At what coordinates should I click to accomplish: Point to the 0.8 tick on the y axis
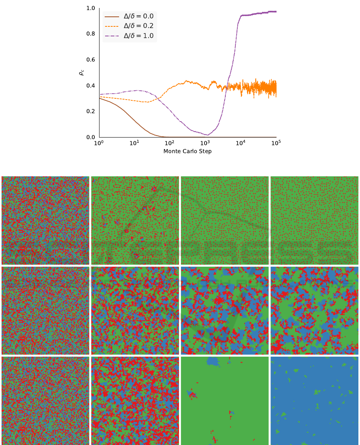[x=91, y=34]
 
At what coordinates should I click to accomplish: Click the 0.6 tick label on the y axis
[x=91, y=60]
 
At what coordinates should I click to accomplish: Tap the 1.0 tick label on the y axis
[x=91, y=8]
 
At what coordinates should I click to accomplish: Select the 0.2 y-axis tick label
[x=91, y=112]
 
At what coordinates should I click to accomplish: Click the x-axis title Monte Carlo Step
[x=187, y=151]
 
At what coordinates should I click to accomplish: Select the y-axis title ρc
[x=82, y=73]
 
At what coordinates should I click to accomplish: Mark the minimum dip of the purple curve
[x=207, y=135]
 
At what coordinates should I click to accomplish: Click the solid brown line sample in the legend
[x=112, y=16]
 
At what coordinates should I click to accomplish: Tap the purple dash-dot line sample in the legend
[x=112, y=36]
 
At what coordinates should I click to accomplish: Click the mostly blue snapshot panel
[x=314, y=401]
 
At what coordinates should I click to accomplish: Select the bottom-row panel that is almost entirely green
[x=225, y=401]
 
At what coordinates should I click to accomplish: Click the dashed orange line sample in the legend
[x=112, y=26]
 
